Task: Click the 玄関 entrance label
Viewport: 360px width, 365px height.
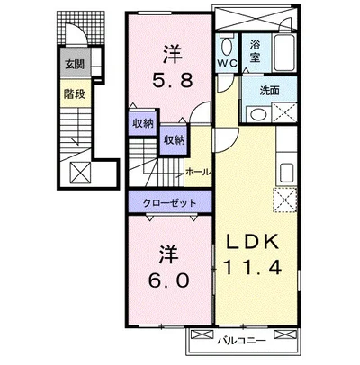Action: [75, 64]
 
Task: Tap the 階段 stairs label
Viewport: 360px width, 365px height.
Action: [75, 94]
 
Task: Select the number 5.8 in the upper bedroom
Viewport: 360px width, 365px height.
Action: [172, 80]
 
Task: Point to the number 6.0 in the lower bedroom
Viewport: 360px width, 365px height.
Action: [168, 280]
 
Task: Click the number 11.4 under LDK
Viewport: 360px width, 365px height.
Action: [252, 267]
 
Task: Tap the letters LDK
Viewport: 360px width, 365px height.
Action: [252, 242]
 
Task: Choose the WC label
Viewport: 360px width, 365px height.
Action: [227, 63]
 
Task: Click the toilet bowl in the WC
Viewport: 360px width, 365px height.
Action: [227, 47]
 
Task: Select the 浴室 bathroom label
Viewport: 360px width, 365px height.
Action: [255, 51]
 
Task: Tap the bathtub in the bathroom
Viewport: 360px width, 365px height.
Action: [284, 53]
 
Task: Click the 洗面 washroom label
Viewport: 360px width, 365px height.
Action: [270, 91]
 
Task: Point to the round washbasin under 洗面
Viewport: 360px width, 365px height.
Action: [258, 115]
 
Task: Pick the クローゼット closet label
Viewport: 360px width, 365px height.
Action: [169, 203]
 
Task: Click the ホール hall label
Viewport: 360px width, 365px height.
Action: [198, 172]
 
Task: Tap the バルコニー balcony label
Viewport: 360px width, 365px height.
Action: [241, 341]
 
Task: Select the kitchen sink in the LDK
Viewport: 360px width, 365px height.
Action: [286, 174]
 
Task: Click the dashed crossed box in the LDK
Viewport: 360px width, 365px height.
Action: [285, 200]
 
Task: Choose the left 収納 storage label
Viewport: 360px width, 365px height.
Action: [143, 123]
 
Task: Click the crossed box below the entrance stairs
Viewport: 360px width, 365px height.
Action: [80, 173]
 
